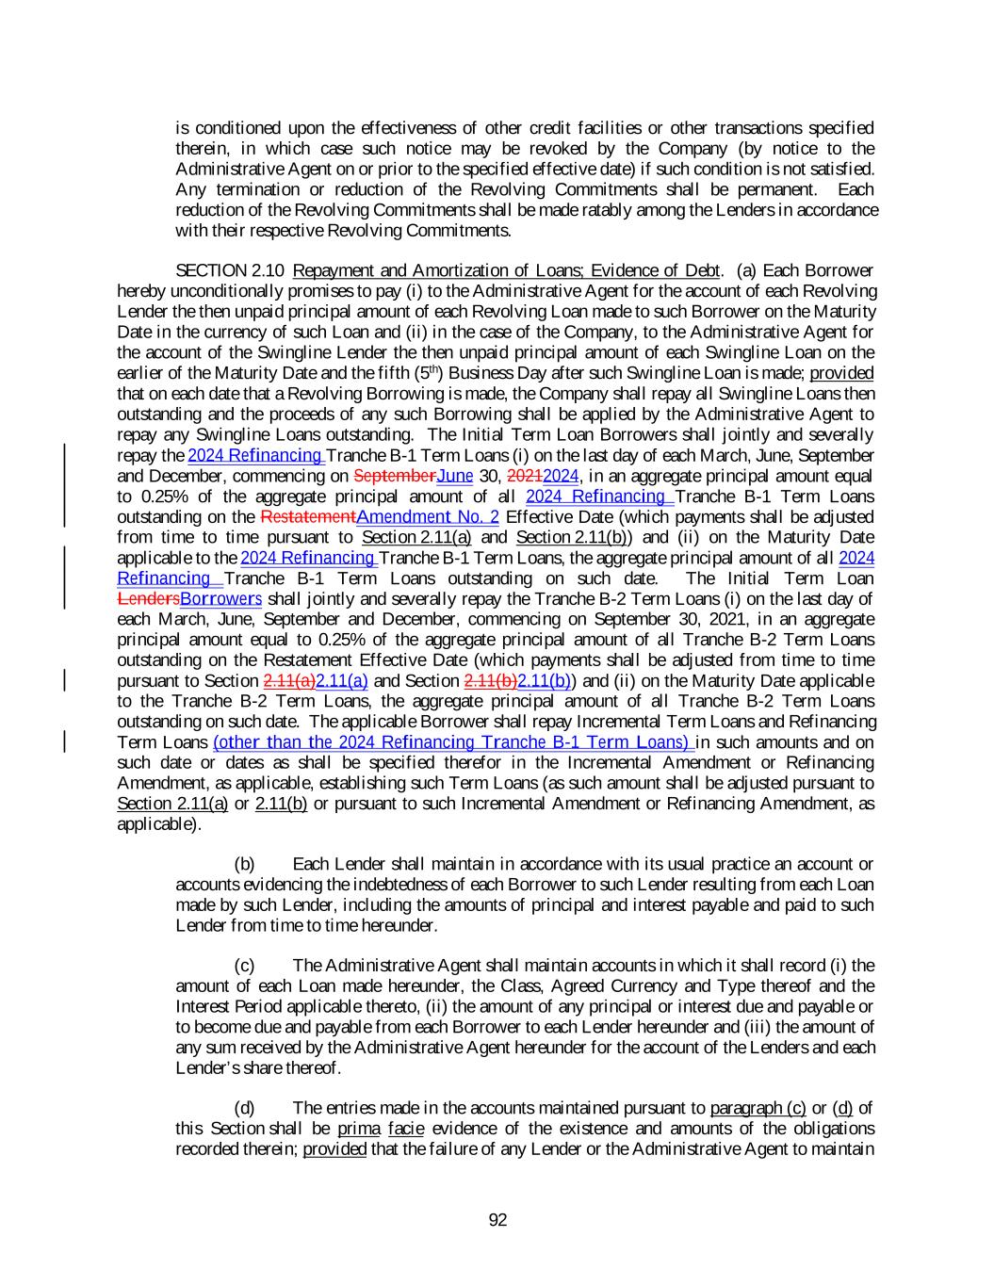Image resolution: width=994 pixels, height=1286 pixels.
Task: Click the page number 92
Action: click(497, 1220)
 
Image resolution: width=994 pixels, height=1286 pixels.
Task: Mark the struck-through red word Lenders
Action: click(149, 599)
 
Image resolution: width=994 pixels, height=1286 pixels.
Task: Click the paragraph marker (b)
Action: click(244, 864)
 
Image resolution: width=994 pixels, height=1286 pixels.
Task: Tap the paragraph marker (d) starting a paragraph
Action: click(244, 1108)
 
